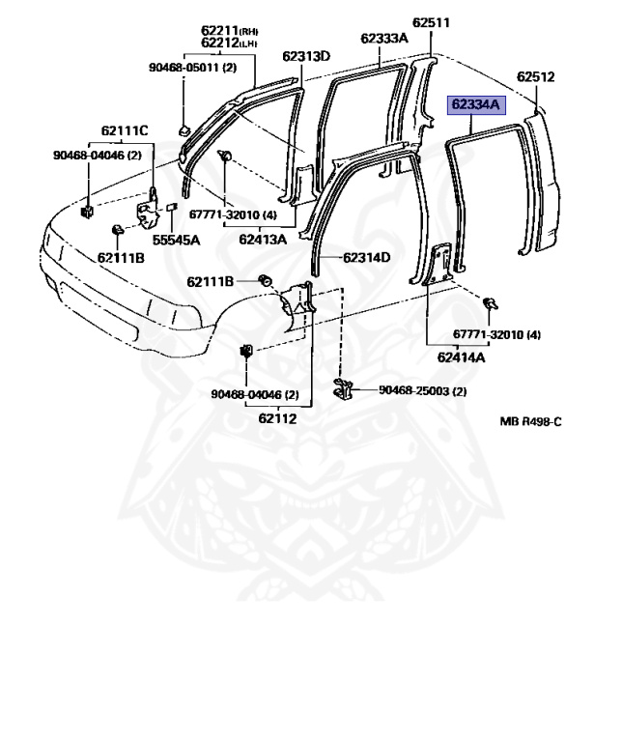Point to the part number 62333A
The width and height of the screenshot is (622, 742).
(x=384, y=39)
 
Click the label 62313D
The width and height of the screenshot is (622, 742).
(x=306, y=56)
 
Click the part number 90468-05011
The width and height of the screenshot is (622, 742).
(x=193, y=68)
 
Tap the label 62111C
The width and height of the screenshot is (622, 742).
(x=126, y=130)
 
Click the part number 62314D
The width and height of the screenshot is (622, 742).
(x=366, y=258)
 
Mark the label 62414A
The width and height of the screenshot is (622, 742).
(x=461, y=357)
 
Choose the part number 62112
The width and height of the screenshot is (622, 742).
(x=277, y=418)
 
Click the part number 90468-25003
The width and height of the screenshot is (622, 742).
(x=422, y=390)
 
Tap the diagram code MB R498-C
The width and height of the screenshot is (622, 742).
(x=530, y=421)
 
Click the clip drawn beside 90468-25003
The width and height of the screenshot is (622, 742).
(x=344, y=389)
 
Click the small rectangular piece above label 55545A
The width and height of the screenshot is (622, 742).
(x=173, y=207)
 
